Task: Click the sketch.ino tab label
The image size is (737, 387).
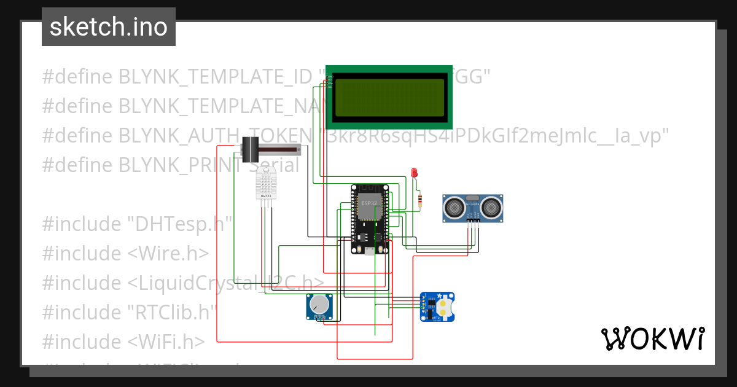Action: coord(108,27)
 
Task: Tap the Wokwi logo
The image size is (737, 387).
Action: coord(652,339)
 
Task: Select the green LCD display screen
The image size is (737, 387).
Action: coord(389,96)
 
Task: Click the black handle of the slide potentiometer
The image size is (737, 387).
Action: coord(249,149)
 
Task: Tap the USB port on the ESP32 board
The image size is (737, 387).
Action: coord(370,251)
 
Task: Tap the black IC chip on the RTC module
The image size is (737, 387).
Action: coord(431,303)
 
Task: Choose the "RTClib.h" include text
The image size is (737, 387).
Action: coord(173,312)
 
